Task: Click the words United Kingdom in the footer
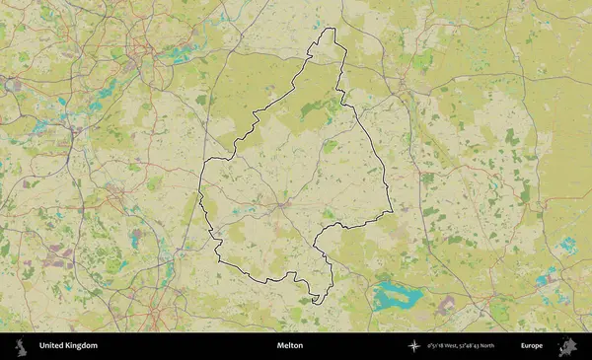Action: point(68,346)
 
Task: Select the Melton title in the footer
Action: point(290,346)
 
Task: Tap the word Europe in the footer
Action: point(532,346)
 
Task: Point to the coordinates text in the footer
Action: point(461,346)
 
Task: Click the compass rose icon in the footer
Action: point(414,346)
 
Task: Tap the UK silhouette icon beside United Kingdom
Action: point(20,346)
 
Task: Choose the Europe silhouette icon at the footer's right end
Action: point(567,346)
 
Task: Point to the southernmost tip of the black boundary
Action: point(315,302)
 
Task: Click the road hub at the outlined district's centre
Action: point(282,204)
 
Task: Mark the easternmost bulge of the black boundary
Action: point(391,210)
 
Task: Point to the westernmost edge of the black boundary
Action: point(200,182)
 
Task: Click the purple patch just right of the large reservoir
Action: point(446,300)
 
